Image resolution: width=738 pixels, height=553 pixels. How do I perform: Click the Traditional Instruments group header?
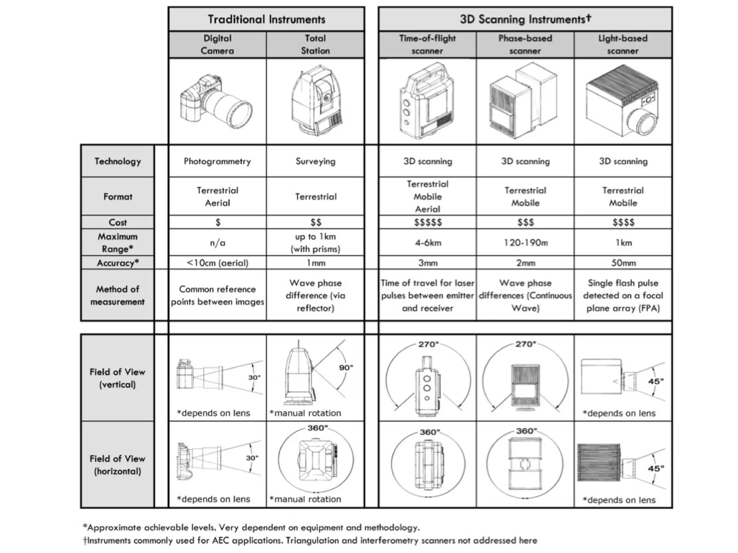[x=266, y=19]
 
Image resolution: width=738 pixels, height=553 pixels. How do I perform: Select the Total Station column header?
[x=315, y=44]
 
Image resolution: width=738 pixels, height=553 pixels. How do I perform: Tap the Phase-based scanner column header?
[x=525, y=44]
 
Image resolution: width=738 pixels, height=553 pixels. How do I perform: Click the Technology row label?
[x=117, y=161]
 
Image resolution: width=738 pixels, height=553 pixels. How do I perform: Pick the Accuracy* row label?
[x=117, y=263]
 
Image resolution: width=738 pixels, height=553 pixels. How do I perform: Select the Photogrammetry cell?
[x=217, y=161]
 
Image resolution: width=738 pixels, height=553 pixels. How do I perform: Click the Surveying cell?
[x=315, y=161]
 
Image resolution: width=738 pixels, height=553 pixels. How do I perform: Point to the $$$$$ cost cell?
[x=428, y=222]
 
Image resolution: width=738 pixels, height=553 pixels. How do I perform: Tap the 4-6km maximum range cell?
[x=428, y=242]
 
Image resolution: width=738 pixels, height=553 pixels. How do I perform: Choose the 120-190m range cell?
[x=525, y=242]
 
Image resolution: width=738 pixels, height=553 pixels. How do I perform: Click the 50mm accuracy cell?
[x=623, y=263]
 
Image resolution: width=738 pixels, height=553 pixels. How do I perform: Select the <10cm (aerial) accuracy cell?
[x=217, y=263]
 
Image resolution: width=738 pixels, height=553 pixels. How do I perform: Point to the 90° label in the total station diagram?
[x=346, y=367]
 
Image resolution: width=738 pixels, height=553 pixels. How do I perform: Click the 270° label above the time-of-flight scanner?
[x=428, y=344]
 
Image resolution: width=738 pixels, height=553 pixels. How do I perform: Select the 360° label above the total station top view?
[x=317, y=428]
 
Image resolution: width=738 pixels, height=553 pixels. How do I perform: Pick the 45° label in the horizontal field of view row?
[x=655, y=468]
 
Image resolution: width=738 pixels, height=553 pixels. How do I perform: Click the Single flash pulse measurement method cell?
[x=623, y=295]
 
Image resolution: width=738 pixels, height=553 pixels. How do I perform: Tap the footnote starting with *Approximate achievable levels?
[x=251, y=527]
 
